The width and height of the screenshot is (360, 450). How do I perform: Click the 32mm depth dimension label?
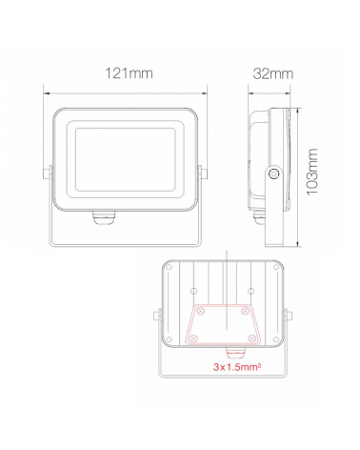[x=274, y=73]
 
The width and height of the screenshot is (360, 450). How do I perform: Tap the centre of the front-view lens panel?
[x=125, y=157]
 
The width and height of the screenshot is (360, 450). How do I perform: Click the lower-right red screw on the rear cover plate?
[x=250, y=338]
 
